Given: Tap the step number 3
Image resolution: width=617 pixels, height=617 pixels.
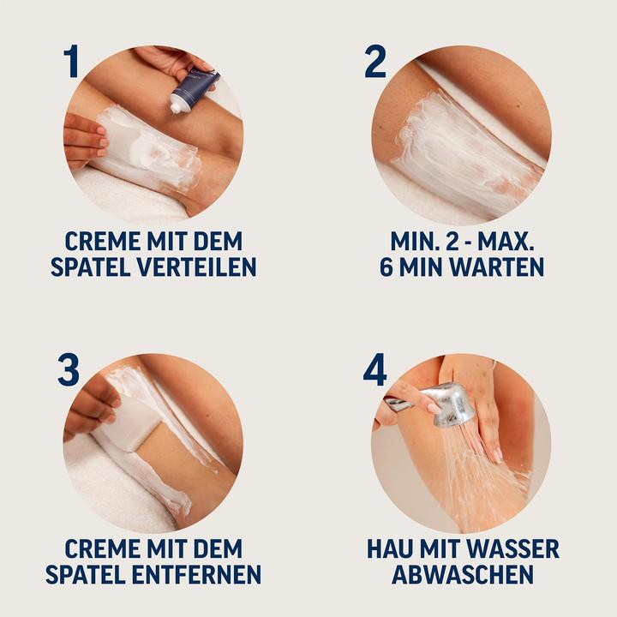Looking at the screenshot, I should (69, 369).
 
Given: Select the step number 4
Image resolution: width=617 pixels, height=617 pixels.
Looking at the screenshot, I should (375, 369).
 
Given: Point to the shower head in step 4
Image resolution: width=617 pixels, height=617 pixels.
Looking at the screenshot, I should (450, 404).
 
